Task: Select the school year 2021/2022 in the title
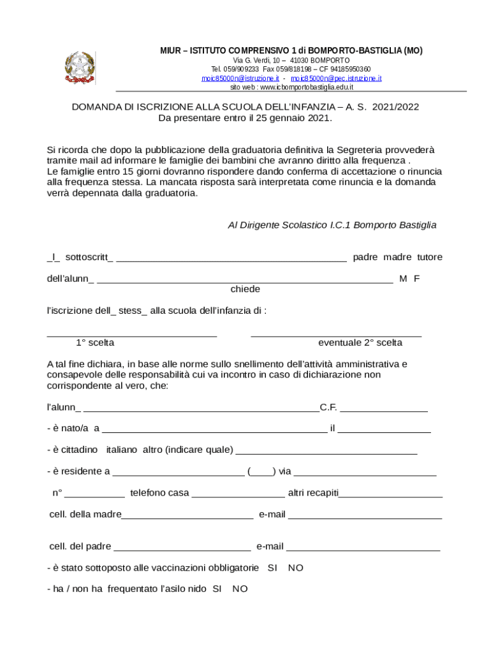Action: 396,107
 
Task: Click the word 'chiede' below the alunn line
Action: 245,290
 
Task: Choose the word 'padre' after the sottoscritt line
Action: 365,257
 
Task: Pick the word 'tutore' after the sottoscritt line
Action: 430,257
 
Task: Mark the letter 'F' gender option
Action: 417,279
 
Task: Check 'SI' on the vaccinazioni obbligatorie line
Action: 272,568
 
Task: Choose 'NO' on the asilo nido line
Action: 240,589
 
